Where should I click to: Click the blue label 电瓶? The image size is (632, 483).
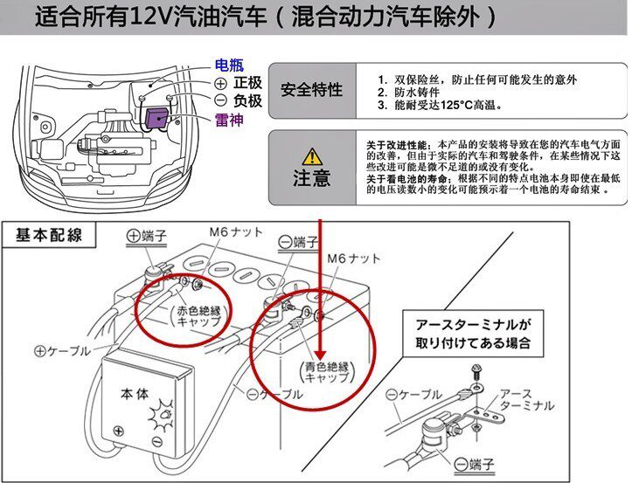tap(231, 66)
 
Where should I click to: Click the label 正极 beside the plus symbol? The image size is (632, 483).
tap(247, 83)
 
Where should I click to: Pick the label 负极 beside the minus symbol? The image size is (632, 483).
tap(247, 101)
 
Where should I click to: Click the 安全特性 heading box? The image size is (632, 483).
tap(311, 91)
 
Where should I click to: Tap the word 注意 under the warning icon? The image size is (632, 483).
tap(311, 179)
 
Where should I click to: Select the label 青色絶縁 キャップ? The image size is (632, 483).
tap(327, 373)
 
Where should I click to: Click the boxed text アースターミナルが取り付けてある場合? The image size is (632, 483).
tap(473, 332)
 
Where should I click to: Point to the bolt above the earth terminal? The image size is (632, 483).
tap(476, 372)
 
